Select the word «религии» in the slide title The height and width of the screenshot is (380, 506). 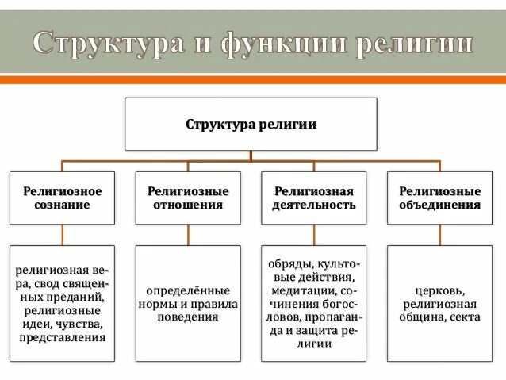(x=412, y=43)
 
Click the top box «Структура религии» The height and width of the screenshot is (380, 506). (x=251, y=125)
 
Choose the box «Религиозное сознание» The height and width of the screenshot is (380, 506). (x=62, y=198)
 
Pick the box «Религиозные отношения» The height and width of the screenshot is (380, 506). (x=188, y=198)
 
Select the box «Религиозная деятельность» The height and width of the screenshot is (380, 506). (x=314, y=198)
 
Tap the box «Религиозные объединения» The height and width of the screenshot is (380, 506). (x=439, y=198)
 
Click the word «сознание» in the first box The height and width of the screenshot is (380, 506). (x=62, y=205)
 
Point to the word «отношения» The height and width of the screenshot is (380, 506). (x=188, y=205)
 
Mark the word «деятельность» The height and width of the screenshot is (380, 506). (x=314, y=205)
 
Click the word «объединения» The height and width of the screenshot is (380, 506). (x=439, y=205)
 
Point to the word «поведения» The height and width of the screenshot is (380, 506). (x=188, y=317)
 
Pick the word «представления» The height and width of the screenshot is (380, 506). (x=62, y=337)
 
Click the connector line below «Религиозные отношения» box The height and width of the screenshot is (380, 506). (x=188, y=234)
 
